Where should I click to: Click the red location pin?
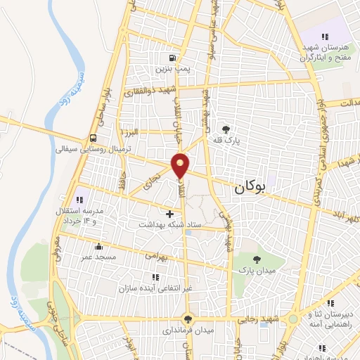(x=181, y=165)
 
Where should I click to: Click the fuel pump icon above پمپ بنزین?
(x=172, y=58)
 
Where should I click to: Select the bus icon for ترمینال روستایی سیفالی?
(x=94, y=139)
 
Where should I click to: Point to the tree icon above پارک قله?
(x=226, y=129)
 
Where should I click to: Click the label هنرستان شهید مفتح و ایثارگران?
(x=323, y=50)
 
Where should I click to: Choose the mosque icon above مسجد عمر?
(x=98, y=247)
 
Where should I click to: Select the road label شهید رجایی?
(x=260, y=319)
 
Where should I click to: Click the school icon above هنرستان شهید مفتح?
(x=324, y=36)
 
